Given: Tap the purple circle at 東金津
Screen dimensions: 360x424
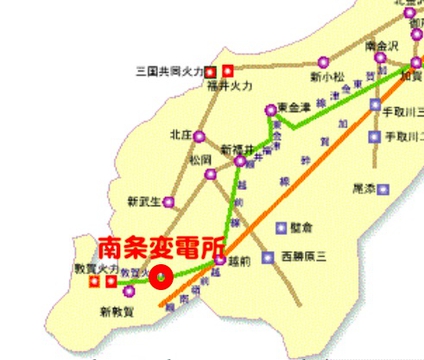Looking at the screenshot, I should (x=270, y=110).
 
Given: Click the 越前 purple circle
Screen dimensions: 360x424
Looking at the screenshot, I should (x=219, y=265).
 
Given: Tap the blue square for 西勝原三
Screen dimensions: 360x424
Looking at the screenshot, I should (x=267, y=256).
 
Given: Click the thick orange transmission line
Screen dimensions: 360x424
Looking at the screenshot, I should (x=300, y=180).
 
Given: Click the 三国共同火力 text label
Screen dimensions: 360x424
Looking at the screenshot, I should (x=169, y=72).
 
